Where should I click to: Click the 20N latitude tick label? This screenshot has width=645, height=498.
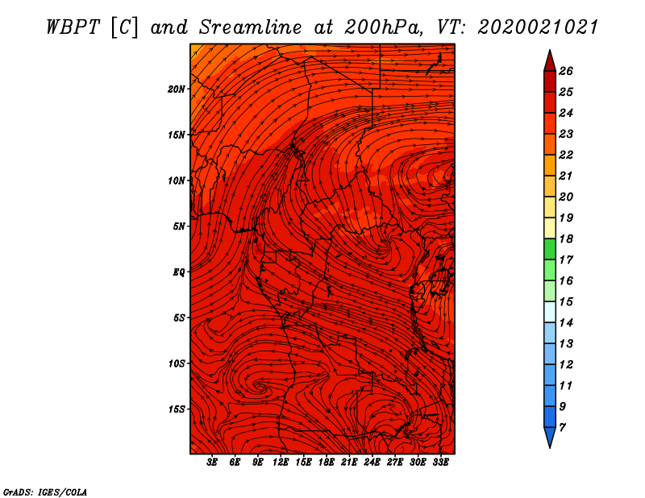176,89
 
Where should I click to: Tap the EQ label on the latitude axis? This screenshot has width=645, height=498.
179,272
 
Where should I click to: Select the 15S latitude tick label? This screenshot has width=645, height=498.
177,409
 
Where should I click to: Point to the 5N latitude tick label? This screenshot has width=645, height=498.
179,226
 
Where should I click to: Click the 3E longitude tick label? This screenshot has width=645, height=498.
212,463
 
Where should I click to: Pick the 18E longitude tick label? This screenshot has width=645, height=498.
327,463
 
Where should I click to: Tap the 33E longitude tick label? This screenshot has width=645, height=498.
440,463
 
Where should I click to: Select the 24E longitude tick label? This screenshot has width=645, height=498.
372,463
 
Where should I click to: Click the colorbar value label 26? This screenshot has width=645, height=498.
566,71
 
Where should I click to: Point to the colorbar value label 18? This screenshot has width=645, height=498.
566,239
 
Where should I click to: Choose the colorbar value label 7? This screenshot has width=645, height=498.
562,428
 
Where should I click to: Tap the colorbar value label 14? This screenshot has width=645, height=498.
566,323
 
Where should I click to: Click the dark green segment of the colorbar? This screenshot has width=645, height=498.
550,249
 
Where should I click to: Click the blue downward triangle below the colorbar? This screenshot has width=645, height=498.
550,436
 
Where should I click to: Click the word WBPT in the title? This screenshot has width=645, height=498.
73,27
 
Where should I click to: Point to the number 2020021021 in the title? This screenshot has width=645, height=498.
537,27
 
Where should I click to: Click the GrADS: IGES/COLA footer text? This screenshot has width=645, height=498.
45,492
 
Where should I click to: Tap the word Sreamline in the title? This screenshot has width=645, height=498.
251,27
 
